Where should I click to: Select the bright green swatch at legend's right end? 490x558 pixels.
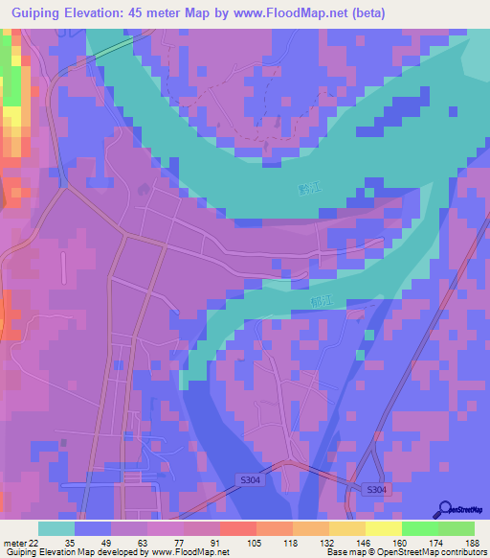[x=457, y=528]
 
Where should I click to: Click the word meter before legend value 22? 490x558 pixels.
[x=13, y=542]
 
